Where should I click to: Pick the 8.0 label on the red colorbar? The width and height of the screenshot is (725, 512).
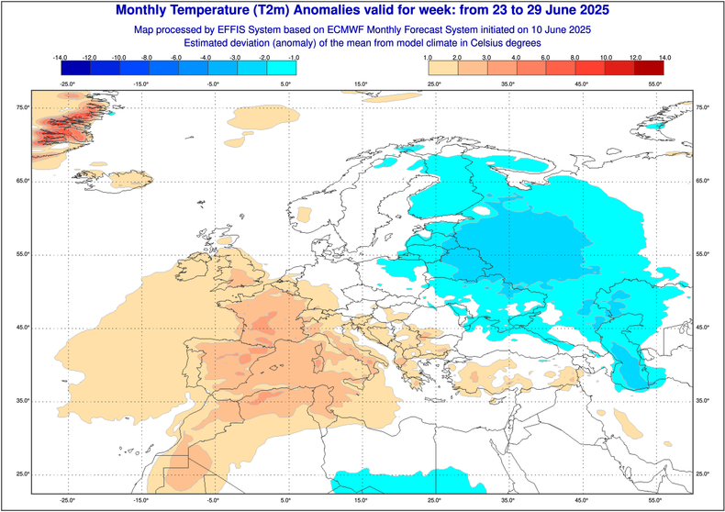[x=575, y=57]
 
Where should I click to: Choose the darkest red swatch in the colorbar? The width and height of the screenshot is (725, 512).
[x=650, y=68]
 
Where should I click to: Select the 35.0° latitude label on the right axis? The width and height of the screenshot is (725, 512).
[x=704, y=401]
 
